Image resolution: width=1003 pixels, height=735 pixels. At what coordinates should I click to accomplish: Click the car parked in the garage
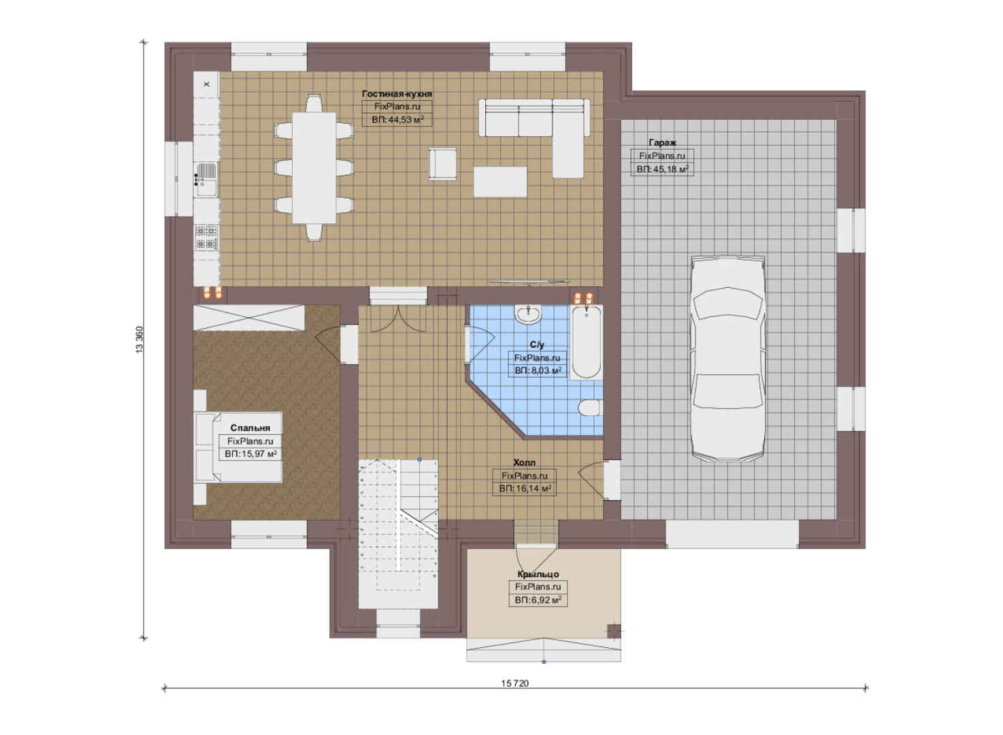pos(727,359)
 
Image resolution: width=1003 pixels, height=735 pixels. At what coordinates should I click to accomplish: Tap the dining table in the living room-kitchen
pos(314,167)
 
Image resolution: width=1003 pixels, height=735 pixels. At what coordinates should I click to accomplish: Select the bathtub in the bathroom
pos(586,342)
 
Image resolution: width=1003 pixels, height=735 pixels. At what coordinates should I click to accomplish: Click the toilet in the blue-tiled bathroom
pos(589,408)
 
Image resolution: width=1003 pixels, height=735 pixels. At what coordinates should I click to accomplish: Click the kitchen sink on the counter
pos(206,180)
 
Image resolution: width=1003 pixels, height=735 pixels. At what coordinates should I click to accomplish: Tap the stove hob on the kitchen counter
pos(206,238)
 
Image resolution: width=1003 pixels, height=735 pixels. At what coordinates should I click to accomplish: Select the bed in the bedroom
pos(238,447)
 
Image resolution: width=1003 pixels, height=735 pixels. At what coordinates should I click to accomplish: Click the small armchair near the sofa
pos(442,164)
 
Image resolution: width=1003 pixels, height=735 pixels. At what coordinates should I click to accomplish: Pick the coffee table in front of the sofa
pos(500,182)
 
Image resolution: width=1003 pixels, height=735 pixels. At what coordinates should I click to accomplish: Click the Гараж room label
pos(662,142)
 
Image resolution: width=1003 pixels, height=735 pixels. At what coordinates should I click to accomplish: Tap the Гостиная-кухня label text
pos(397,94)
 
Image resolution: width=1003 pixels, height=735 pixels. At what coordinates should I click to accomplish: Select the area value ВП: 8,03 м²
pos(538,370)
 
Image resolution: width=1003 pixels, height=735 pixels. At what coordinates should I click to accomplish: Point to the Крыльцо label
pos(538,574)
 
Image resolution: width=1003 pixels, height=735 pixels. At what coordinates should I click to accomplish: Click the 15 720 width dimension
pos(515,683)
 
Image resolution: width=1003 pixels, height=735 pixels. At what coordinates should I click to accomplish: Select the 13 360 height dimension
pos(139,340)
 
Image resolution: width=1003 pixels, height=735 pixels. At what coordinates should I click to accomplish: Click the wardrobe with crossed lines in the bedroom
pos(249,318)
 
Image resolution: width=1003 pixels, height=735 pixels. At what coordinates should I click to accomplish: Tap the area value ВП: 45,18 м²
pos(662,169)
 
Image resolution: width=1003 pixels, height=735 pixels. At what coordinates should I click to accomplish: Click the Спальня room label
pos(250,428)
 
